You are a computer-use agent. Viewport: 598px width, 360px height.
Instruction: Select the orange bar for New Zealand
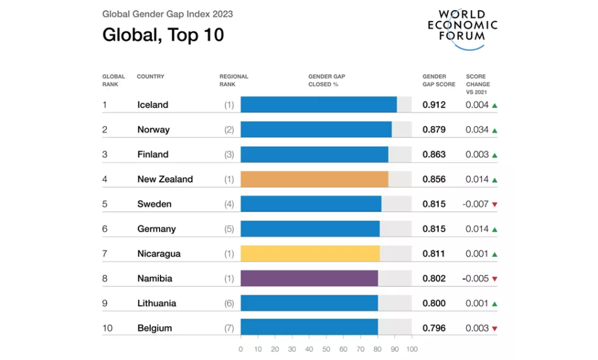[x=314, y=179]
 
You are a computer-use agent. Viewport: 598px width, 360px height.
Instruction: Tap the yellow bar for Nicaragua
[x=310, y=254]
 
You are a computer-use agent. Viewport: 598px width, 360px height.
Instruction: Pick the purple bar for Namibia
[x=309, y=278]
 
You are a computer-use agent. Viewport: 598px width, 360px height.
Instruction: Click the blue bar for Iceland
[x=318, y=105]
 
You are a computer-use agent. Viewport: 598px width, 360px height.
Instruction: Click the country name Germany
[x=157, y=229]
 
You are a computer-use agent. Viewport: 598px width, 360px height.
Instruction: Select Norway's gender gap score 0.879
[x=434, y=130]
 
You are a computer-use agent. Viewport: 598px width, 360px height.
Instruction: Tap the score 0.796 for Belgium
[x=434, y=328]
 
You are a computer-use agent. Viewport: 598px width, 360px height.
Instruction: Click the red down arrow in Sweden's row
[x=495, y=205]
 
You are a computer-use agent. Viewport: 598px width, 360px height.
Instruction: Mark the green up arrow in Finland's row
[x=495, y=155]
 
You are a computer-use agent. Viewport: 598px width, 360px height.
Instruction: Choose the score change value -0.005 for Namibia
[x=475, y=279]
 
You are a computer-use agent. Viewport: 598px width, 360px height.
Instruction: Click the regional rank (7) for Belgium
[x=229, y=328]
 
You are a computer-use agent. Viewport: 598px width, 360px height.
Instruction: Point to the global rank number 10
[x=107, y=328]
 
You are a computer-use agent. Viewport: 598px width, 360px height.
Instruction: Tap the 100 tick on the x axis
[x=412, y=349]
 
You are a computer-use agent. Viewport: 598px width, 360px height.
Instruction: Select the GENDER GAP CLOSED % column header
[x=326, y=80]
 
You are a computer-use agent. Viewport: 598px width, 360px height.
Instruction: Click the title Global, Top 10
[x=163, y=35]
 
